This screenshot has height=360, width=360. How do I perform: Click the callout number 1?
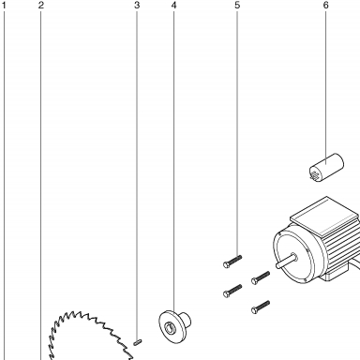coord(4,6)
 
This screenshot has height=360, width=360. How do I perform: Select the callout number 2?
coord(41,6)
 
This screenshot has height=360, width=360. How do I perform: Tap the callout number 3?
coord(137,6)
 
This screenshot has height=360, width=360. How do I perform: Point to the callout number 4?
coord(174,6)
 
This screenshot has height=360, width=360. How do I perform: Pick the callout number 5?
coord(237,6)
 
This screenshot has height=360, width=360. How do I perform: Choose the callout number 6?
coord(326,6)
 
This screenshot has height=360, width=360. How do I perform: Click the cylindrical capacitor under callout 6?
coord(326,168)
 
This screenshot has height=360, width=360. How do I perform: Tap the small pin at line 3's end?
coord(138,342)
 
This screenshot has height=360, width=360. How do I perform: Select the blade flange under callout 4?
coord(174,326)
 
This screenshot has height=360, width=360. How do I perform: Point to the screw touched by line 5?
coord(232,262)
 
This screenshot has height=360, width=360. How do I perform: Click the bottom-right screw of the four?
coord(261,307)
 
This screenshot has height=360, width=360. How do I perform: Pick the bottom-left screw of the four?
coord(232,291)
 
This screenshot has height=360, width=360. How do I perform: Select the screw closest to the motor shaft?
coord(261,277)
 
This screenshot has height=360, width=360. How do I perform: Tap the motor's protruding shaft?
coord(286,261)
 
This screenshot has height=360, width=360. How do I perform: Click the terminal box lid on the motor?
coord(324,216)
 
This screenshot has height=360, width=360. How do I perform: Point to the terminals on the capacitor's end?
coord(315,174)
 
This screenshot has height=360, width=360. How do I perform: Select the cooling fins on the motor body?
coord(342,247)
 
